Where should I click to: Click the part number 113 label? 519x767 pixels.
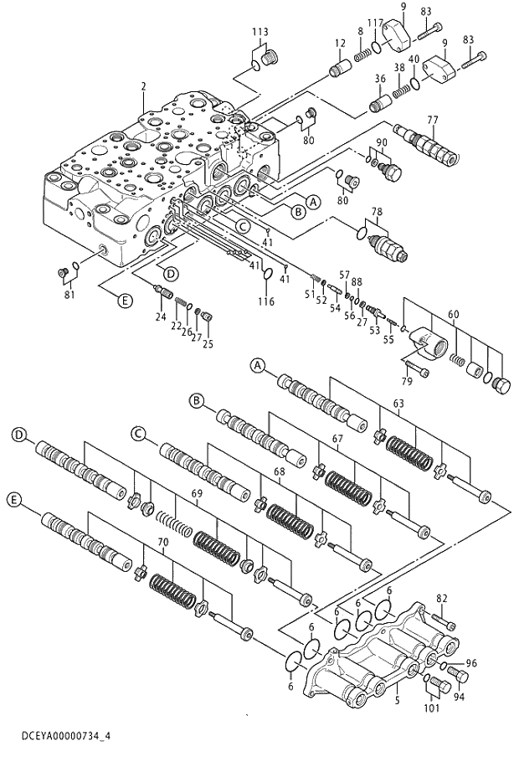click(260, 32)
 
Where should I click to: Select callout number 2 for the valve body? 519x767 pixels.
click(144, 86)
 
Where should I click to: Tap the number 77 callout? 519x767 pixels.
click(433, 119)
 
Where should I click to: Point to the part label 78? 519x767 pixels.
click(377, 213)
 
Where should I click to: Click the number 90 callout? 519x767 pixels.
click(380, 143)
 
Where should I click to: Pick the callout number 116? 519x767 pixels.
click(266, 301)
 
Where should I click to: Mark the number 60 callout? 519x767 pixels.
click(453, 314)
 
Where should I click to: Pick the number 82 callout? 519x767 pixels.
click(442, 599)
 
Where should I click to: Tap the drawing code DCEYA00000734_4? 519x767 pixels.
click(55, 735)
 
